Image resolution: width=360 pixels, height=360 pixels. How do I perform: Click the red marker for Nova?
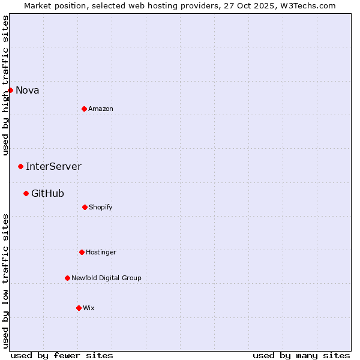coord(10,90)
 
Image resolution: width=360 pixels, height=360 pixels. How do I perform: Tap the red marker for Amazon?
coord(84,109)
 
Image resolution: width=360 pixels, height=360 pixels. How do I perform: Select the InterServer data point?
coord(20,166)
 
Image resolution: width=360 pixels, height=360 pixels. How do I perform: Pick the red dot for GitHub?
coord(26,193)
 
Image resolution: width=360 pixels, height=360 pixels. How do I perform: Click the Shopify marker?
coord(85,207)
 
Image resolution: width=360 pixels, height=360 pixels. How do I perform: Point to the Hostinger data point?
coord(82,252)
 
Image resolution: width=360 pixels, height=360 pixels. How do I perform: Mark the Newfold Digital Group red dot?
coord(67,278)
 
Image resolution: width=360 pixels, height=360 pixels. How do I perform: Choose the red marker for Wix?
coord(79,308)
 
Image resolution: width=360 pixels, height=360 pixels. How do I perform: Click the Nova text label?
coord(27,91)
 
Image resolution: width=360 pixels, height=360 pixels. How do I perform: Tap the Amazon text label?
coord(101,109)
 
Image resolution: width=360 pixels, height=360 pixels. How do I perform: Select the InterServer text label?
coord(53,167)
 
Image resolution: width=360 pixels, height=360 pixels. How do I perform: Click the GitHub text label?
coord(47,194)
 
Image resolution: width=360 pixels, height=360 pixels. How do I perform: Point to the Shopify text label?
coord(101,208)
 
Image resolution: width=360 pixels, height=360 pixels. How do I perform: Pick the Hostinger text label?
coord(101,253)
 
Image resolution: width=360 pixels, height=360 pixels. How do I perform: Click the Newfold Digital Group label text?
coord(106,278)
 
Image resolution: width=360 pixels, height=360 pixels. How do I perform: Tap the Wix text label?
coord(89,308)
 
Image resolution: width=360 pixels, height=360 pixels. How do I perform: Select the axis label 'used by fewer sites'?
coord(62,355)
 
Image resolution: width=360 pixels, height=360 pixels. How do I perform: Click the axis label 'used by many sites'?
coord(301,355)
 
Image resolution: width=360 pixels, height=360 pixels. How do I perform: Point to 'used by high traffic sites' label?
coord(5,85)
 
